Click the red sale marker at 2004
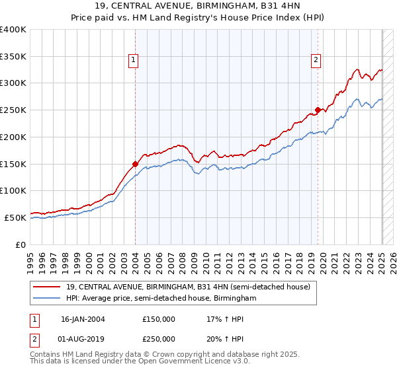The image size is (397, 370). pyautogui.click(x=135, y=163)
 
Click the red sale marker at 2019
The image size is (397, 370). pyautogui.click(x=318, y=110)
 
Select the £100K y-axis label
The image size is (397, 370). pyautogui.click(x=13, y=190)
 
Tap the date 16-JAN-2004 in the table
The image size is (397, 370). pyautogui.click(x=83, y=319)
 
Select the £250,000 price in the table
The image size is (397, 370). pyautogui.click(x=159, y=339)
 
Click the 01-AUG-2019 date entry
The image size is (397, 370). pyautogui.click(x=83, y=339)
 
